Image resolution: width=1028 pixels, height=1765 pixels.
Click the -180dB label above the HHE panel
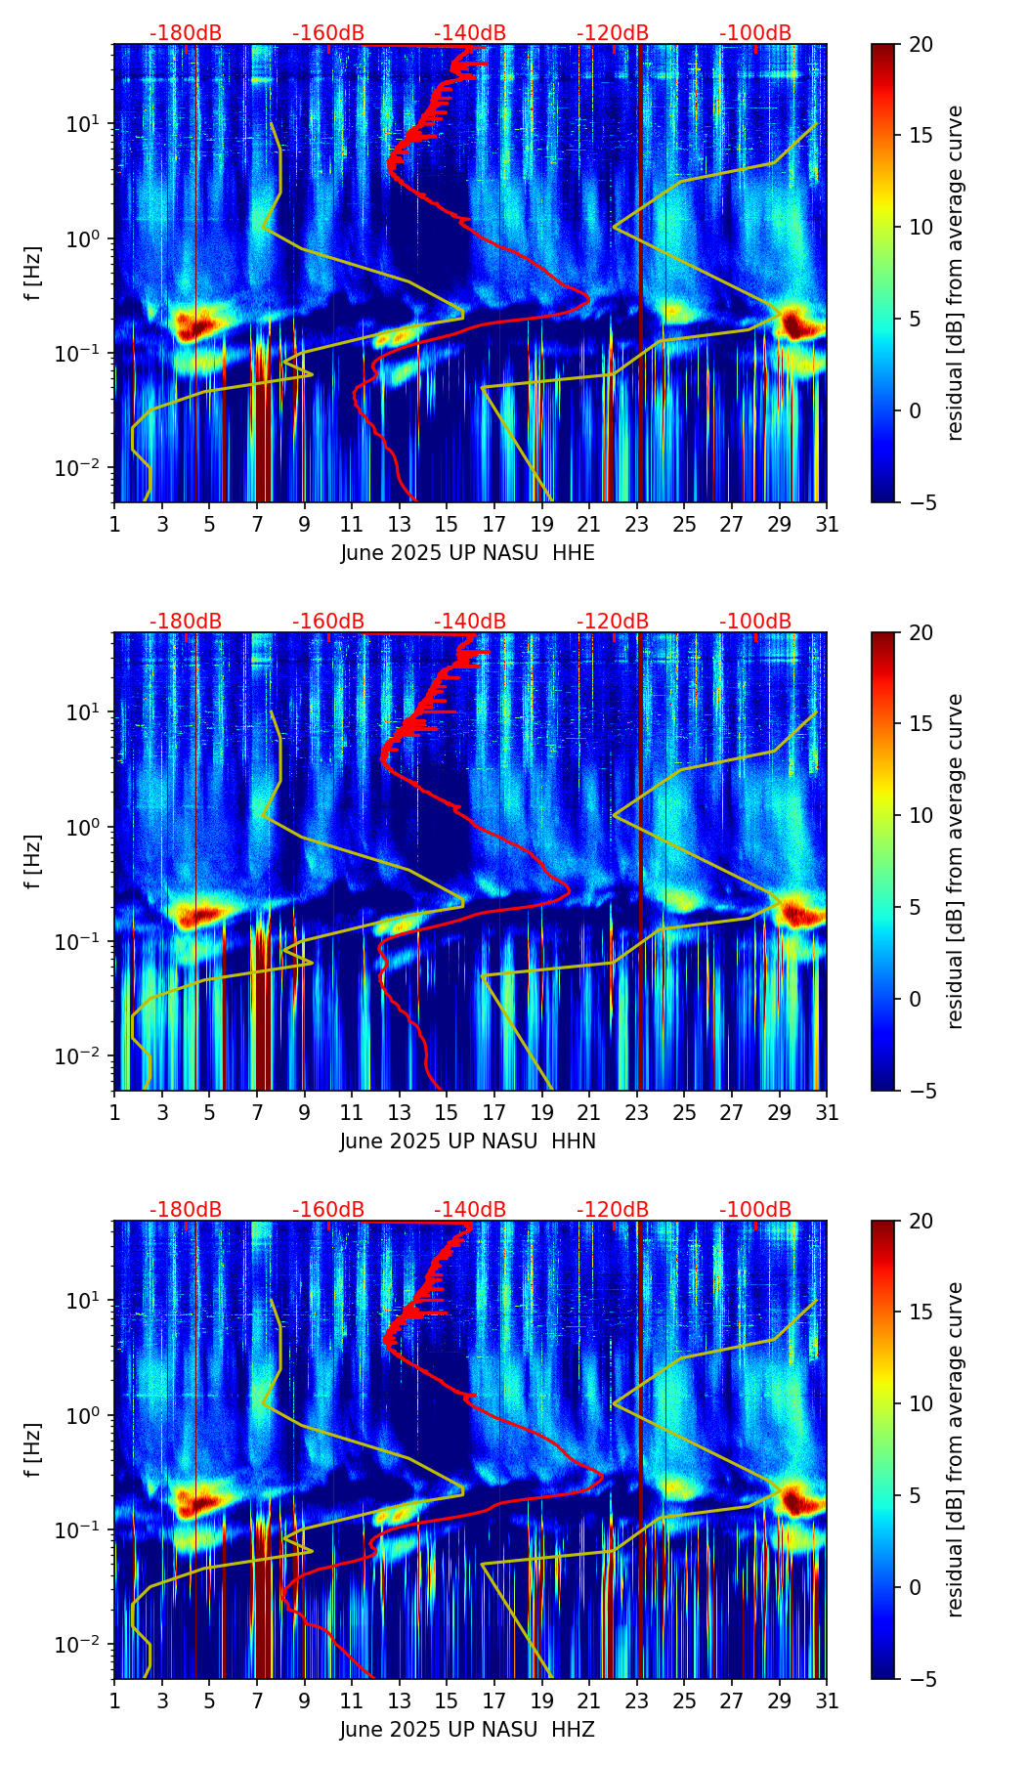tap(186, 33)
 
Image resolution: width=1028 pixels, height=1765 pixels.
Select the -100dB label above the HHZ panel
tap(755, 1210)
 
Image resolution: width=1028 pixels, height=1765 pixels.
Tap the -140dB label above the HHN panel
tap(470, 622)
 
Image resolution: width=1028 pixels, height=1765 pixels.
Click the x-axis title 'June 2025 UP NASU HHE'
tap(467, 553)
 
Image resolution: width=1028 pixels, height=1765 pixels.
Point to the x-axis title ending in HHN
tap(467, 1141)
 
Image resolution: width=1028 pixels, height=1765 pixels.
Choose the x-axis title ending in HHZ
tap(467, 1730)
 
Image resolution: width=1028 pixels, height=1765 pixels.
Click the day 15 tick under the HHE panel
tap(447, 524)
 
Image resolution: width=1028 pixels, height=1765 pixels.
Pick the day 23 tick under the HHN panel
tap(637, 1112)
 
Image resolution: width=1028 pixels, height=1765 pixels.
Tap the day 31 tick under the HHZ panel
tap(827, 1700)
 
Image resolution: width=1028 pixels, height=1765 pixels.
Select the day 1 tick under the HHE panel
tap(115, 524)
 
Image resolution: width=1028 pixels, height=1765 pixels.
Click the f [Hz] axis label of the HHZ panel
tap(33, 1449)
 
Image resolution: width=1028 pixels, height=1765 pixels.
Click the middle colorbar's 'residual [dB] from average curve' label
tap(955, 861)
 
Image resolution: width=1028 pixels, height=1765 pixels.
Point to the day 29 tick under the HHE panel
tap(779, 524)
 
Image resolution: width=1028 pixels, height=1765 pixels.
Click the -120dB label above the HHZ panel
tap(613, 1210)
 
